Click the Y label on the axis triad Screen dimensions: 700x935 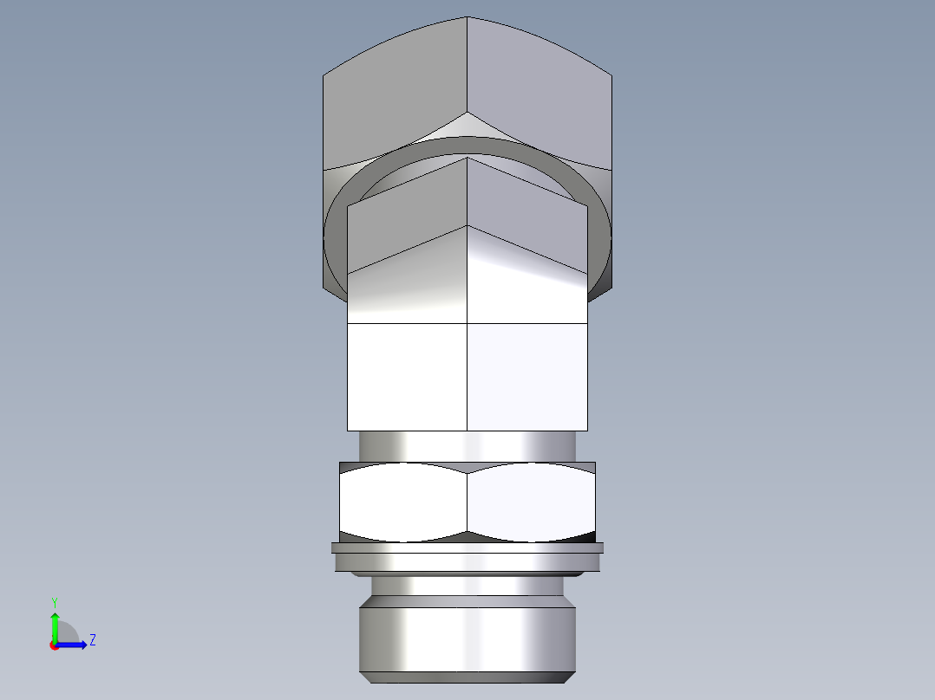tap(54, 601)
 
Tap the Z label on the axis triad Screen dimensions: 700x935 tap(92, 640)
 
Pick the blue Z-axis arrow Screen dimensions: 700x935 tap(75, 644)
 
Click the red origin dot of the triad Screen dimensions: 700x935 tap(54, 645)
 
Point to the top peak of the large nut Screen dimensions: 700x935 tap(467, 18)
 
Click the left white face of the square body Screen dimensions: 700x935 tap(407, 377)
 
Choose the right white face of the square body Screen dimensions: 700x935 tap(527, 377)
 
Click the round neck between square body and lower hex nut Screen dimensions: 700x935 tap(467, 445)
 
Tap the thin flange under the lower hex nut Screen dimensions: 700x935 tap(467, 548)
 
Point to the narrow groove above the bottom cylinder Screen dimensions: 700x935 tap(467, 587)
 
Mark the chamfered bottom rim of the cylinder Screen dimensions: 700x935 tap(467, 677)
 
